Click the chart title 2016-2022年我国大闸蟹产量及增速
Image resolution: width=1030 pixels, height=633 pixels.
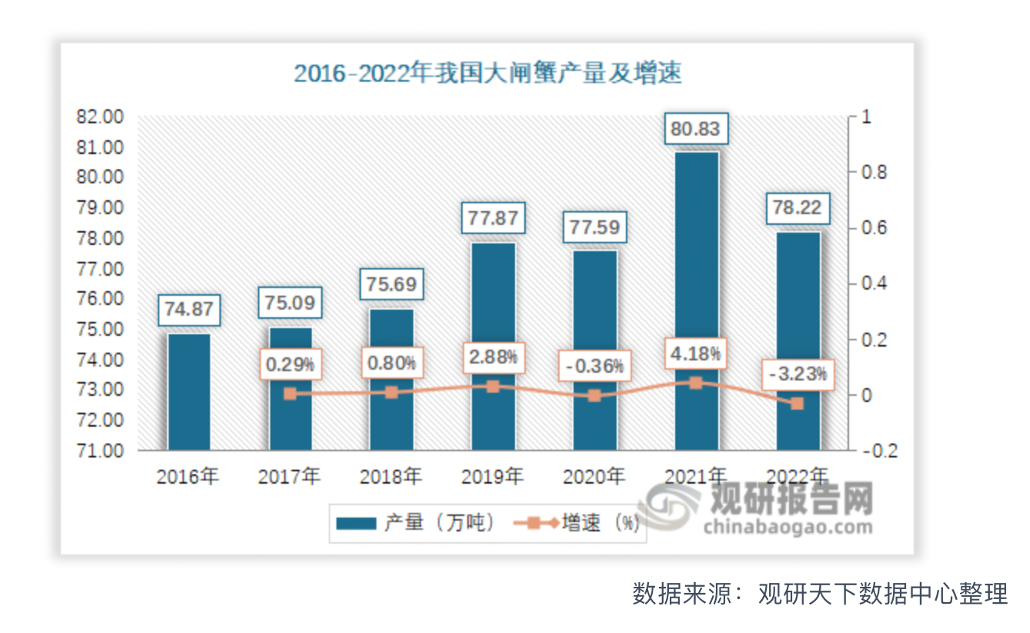pos(488,74)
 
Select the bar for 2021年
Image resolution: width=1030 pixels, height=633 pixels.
pos(696,300)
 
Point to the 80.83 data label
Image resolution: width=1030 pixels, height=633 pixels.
pos(696,129)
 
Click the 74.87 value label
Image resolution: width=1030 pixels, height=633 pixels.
pos(189,310)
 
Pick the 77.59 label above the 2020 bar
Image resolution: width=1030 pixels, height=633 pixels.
pos(594,228)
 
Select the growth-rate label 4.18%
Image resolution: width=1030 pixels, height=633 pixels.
pos(696,355)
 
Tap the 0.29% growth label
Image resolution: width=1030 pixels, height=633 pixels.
pos(289,363)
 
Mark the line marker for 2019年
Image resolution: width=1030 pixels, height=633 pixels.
pos(493,387)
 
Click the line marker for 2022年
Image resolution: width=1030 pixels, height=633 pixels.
pos(798,404)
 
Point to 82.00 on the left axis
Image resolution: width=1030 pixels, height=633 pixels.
pos(100,117)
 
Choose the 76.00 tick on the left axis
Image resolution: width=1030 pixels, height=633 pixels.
pos(100,299)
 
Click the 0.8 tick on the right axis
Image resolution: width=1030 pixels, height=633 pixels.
pos(873,172)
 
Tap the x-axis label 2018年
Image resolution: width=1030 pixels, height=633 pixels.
pos(391,477)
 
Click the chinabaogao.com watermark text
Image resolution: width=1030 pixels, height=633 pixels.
pos(788,527)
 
